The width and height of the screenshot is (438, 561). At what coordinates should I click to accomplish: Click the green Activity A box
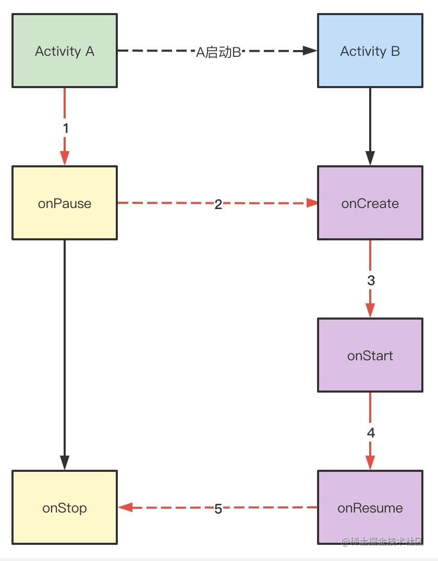tap(65, 51)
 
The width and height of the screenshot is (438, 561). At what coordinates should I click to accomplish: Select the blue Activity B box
tap(370, 51)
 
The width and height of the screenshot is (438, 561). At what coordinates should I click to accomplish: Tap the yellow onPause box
tap(65, 203)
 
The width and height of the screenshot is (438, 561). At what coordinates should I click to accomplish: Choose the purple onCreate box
tap(370, 203)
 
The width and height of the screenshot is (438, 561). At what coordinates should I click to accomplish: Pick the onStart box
tap(370, 355)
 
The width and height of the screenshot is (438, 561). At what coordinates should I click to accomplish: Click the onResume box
tap(370, 507)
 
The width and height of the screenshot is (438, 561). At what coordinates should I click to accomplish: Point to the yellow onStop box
tap(65, 507)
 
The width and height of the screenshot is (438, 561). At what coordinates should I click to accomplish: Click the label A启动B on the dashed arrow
tap(218, 52)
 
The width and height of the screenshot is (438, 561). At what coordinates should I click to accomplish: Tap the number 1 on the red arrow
tap(65, 128)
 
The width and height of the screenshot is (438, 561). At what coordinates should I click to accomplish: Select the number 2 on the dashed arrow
tap(218, 204)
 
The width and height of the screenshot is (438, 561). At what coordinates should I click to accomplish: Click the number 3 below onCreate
tap(371, 280)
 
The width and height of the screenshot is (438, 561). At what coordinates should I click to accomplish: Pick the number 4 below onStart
tap(371, 433)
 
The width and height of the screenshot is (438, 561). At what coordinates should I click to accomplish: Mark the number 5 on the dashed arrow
tap(218, 509)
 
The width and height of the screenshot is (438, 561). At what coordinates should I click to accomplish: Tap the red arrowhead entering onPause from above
tap(65, 158)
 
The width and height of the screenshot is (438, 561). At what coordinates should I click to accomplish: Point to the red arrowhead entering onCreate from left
tap(312, 203)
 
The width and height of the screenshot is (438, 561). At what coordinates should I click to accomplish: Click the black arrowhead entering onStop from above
tap(65, 462)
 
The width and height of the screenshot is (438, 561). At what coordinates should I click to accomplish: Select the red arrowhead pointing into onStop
tap(125, 507)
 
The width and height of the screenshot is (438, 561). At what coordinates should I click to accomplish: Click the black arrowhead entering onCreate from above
tap(370, 158)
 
